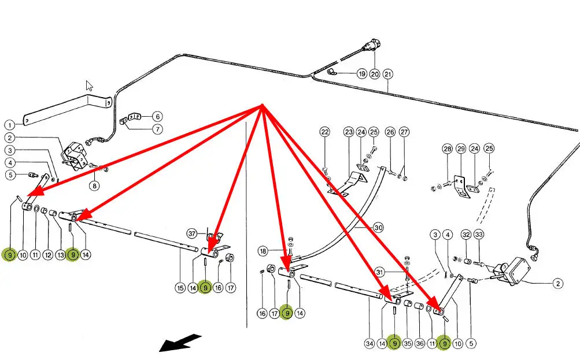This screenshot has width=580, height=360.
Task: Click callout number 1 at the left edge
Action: click(x=10, y=124)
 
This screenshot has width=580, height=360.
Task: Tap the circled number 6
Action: click(x=157, y=116)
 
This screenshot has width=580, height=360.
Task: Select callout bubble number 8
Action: click(x=93, y=186)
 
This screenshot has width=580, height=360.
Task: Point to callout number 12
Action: click(x=47, y=254)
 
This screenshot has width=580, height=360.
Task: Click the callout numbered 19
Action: click(x=361, y=74)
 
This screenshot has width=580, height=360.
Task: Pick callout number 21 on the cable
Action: click(x=387, y=74)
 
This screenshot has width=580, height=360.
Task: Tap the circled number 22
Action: click(x=325, y=132)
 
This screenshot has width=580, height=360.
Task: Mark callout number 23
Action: click(x=349, y=132)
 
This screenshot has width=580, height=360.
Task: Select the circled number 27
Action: click(x=404, y=132)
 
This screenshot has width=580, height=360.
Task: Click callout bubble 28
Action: click(x=447, y=149)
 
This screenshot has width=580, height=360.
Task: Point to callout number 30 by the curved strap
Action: click(x=379, y=228)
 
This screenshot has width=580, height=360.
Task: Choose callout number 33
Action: click(x=479, y=235)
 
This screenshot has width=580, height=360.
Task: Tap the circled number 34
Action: click(x=370, y=344)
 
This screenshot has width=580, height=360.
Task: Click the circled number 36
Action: click(x=420, y=344)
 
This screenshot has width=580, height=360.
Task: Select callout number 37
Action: click(x=193, y=233)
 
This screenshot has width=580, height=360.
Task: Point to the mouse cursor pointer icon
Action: click(x=90, y=86)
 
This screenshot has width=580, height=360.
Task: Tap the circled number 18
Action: click(x=263, y=251)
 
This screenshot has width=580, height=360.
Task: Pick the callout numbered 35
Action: click(x=407, y=344)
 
